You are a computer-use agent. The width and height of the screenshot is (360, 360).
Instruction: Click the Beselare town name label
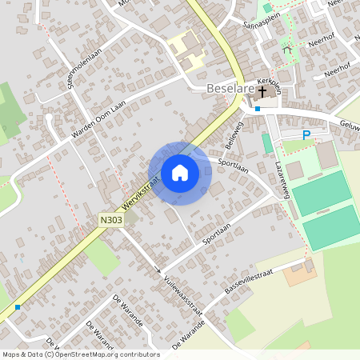tap(230, 89)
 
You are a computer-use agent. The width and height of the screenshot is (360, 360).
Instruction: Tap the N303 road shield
tap(110, 219)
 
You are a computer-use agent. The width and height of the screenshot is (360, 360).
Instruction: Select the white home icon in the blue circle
tap(180, 173)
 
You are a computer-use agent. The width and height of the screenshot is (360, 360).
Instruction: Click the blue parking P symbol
tap(306, 135)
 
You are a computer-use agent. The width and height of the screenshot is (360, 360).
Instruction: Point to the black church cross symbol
tap(262, 94)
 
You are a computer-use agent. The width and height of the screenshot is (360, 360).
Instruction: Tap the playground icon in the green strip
tap(286, 50)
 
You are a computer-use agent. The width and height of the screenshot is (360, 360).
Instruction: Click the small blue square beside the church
tap(257, 109)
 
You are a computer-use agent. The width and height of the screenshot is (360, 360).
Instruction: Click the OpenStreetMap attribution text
tap(81, 354)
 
